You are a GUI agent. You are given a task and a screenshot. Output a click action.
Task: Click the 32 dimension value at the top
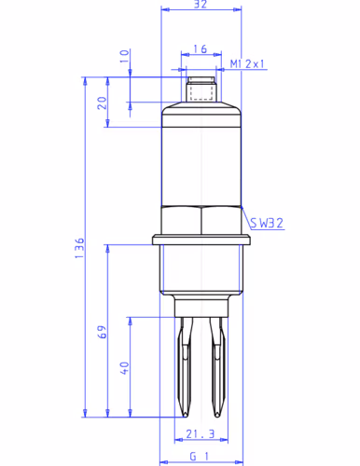point(201,4)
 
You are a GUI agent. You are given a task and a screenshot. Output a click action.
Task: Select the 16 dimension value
point(200,49)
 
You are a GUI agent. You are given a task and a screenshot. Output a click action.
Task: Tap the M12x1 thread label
point(247,64)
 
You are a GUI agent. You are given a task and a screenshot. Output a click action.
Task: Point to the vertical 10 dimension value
point(124,56)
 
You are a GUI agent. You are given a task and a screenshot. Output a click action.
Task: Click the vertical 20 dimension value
point(102,103)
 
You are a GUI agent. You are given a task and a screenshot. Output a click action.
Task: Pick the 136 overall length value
point(79,248)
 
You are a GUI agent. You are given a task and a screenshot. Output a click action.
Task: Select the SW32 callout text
point(267,223)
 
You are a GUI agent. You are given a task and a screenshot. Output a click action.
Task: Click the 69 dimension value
point(102,332)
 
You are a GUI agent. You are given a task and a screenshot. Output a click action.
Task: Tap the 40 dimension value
point(124,368)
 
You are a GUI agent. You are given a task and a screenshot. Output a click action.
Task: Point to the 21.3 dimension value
point(201,433)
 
